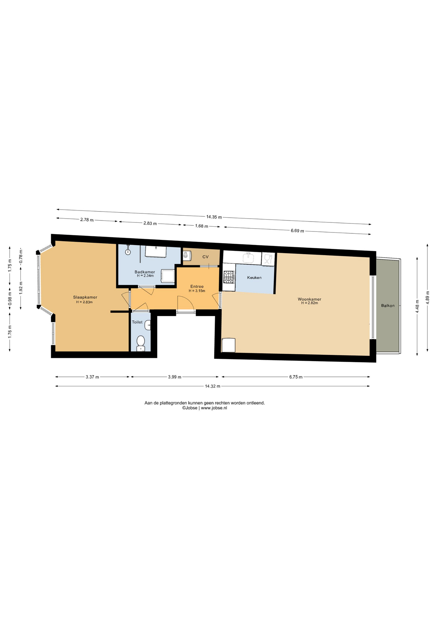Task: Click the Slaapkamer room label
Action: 85,297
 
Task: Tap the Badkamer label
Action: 145,272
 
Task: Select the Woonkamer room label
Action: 309,299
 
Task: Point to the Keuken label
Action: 254,278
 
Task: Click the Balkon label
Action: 388,306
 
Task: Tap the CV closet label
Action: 205,257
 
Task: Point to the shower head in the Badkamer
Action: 128,252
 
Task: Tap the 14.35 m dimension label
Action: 214,217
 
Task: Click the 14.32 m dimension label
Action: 213,386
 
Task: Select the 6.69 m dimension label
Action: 297,231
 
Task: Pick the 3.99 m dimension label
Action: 175,377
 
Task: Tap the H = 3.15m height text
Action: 197,291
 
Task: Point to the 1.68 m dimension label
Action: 201,226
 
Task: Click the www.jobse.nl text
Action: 214,408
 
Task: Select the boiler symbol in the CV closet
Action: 187,256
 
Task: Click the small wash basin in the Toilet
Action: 148,325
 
